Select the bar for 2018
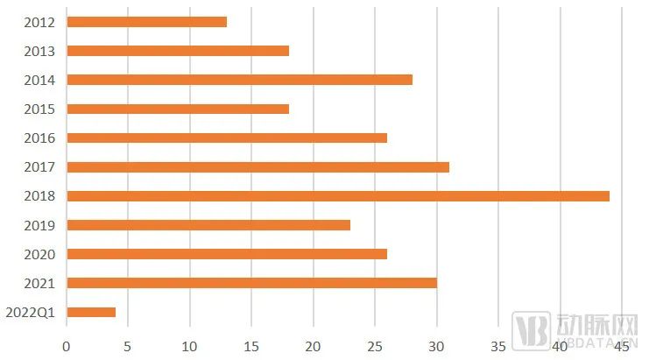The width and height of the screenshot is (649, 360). [x=337, y=196]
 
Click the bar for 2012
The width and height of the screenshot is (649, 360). [x=146, y=22]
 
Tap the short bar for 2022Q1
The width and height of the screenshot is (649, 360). [x=91, y=312]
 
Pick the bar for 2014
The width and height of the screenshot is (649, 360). [x=239, y=80]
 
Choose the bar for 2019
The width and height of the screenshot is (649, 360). [x=208, y=225]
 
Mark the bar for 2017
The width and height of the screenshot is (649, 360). [x=257, y=166]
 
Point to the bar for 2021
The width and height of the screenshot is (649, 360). [x=251, y=283]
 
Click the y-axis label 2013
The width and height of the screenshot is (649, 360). [x=40, y=52]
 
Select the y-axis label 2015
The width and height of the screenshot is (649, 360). [x=40, y=109]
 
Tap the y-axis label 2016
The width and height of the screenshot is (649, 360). [x=40, y=138]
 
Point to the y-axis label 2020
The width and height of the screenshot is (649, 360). [x=40, y=255]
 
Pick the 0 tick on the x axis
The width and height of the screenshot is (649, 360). [x=67, y=346]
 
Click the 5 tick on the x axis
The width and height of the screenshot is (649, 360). [x=128, y=346]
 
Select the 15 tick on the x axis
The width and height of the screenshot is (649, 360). [x=251, y=346]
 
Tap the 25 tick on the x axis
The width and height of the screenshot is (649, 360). [x=374, y=346]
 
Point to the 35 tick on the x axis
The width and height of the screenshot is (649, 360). [x=497, y=346]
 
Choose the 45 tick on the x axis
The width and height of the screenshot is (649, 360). [x=620, y=346]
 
